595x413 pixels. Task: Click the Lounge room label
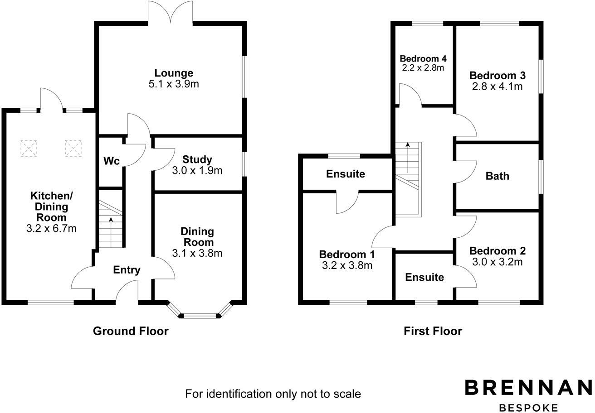pyautogui.click(x=173, y=73)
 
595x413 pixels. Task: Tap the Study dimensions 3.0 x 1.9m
pyautogui.click(x=197, y=171)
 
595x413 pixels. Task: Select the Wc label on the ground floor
pyautogui.click(x=111, y=161)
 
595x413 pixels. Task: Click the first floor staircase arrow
pyautogui.click(x=408, y=156)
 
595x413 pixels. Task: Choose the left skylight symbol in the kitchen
pyautogui.click(x=29, y=148)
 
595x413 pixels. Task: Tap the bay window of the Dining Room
pyautogui.click(x=200, y=312)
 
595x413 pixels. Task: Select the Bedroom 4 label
pyautogui.click(x=423, y=58)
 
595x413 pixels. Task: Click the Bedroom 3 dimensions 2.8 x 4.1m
pyautogui.click(x=496, y=86)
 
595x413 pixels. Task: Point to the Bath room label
pyautogui.click(x=497, y=176)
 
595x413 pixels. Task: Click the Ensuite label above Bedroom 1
pyautogui.click(x=346, y=174)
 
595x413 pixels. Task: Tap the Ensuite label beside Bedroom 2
pyautogui.click(x=424, y=277)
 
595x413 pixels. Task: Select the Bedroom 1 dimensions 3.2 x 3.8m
pyautogui.click(x=347, y=266)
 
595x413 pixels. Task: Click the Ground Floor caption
pyautogui.click(x=131, y=331)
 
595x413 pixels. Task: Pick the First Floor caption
pyautogui.click(x=433, y=331)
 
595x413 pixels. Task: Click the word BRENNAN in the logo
pyautogui.click(x=528, y=388)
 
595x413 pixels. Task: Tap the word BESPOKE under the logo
pyautogui.click(x=528, y=408)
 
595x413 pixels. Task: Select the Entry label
pyautogui.click(x=127, y=270)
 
